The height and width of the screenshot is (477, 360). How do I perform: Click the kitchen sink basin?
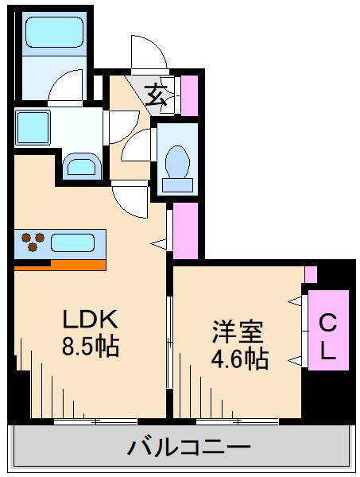click(76, 241)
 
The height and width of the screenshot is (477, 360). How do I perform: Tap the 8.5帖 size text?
click(91, 347)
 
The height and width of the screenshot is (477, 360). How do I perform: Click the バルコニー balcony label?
click(189, 448)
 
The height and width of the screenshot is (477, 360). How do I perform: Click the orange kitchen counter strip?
click(60, 265)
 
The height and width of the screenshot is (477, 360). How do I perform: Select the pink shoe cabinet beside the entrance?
click(189, 94)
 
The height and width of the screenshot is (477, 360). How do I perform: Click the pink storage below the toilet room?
click(185, 231)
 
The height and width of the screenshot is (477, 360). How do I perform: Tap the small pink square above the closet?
click(311, 275)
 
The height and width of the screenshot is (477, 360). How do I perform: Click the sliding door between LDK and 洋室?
click(168, 342)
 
